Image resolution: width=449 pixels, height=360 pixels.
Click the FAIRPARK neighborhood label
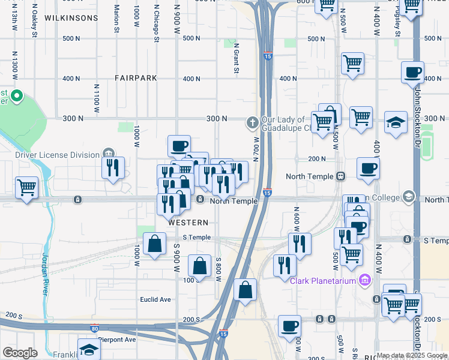click(x=137, y=78)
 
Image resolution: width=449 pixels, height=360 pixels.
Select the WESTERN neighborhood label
click(x=188, y=223)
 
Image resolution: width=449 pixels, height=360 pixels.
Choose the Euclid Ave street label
click(x=155, y=299)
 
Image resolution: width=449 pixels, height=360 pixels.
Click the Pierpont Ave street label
click(x=117, y=339)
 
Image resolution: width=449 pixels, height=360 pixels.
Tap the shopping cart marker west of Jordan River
click(x=26, y=188)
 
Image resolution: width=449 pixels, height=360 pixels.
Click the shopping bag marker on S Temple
click(x=155, y=244)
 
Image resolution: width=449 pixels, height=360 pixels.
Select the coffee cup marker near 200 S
click(x=290, y=326)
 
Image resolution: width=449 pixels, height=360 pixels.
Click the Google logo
click(x=20, y=353)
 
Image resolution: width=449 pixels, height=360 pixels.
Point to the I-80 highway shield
click(x=94, y=328)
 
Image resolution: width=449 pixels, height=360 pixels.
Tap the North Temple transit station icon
click(x=340, y=176)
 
